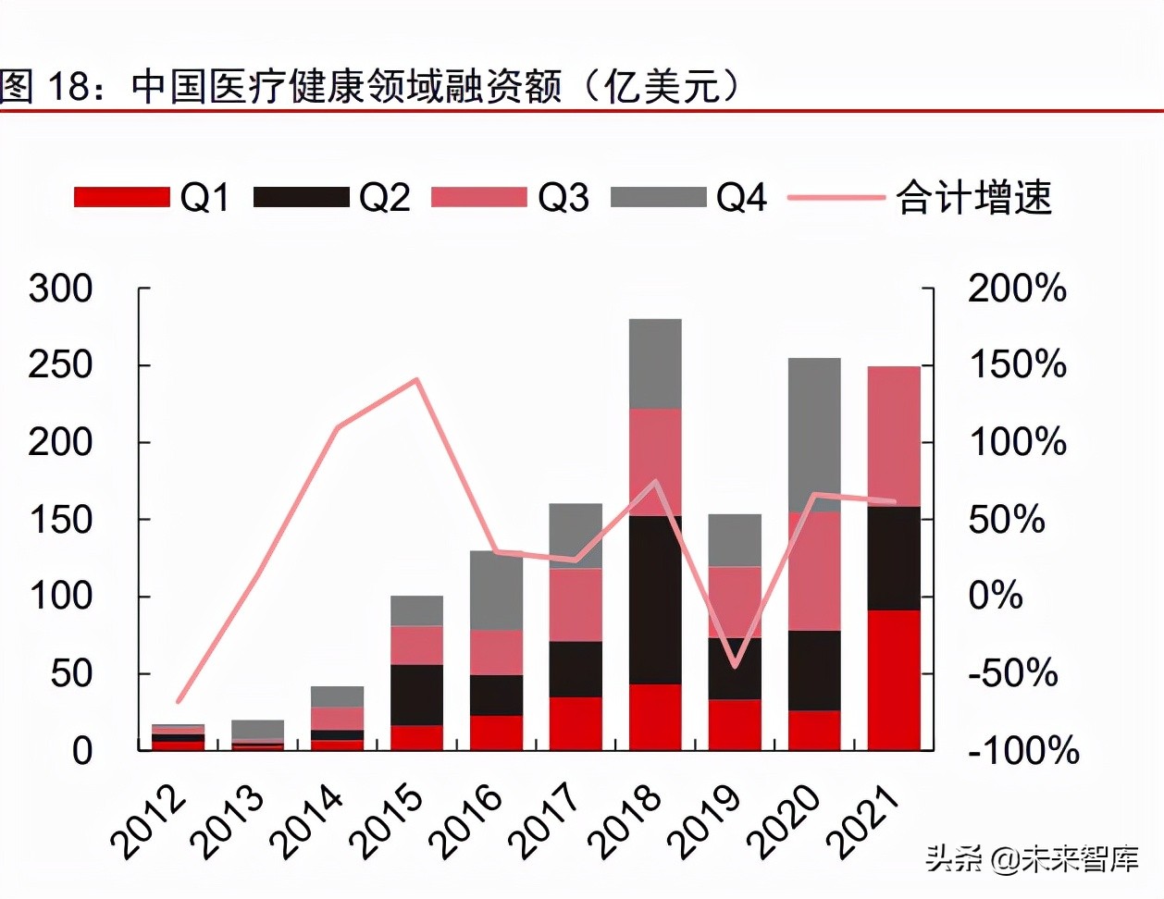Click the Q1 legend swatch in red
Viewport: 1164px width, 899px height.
tap(121, 197)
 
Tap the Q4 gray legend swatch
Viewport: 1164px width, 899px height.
tap(658, 197)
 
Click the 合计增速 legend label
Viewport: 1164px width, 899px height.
tap(973, 197)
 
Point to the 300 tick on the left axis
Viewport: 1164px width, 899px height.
tap(60, 289)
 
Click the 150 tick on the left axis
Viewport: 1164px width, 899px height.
tap(60, 520)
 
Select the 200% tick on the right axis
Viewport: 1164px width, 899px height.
tap(1017, 289)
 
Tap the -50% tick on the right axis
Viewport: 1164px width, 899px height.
tap(1012, 672)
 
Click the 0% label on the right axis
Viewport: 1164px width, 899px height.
tap(996, 596)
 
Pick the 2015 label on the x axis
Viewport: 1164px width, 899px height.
tap(392, 821)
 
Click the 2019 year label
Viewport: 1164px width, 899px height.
tap(710, 821)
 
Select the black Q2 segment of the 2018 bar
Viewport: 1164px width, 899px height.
tap(655, 599)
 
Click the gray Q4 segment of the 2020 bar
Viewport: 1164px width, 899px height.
tap(814, 435)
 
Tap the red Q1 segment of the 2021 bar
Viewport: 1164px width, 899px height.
tap(894, 680)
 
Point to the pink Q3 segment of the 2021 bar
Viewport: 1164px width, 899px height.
tap(894, 437)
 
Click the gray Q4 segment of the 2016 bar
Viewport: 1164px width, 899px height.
tap(496, 590)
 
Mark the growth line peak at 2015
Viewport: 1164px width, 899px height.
tap(416, 379)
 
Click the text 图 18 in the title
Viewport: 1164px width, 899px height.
tap(46, 86)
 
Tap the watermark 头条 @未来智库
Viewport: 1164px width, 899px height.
tap(1032, 859)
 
